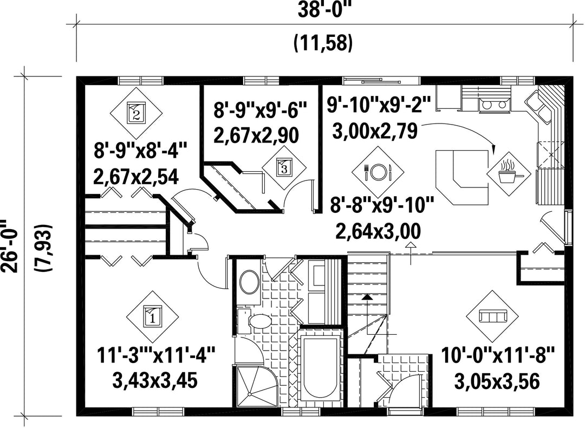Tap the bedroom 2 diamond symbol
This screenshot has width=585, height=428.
(x=136, y=113)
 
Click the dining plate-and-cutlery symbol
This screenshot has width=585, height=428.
(x=378, y=172)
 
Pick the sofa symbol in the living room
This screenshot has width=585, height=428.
(x=492, y=316)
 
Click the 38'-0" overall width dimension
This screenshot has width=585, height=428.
(x=325, y=11)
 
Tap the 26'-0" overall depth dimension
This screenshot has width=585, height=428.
(x=10, y=246)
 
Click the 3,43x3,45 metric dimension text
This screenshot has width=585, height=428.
(x=154, y=381)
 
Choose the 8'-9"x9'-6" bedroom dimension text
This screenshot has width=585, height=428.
(x=260, y=112)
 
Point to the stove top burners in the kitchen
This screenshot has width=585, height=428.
(x=495, y=105)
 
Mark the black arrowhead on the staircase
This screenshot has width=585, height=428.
(x=367, y=297)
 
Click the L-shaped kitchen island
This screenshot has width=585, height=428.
(x=461, y=177)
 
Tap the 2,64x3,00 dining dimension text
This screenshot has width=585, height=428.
(x=378, y=231)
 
